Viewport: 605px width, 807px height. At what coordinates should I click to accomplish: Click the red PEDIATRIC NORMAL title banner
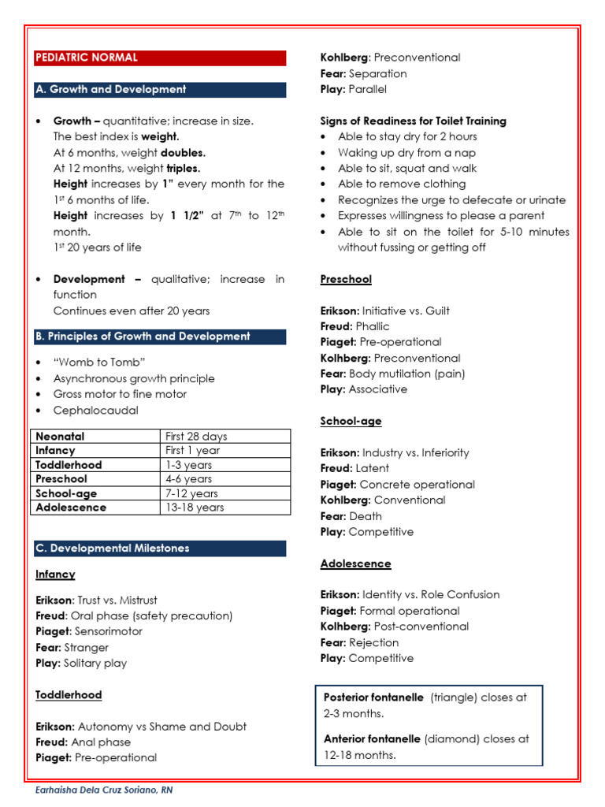(x=160, y=58)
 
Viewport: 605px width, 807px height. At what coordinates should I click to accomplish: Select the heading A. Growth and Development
(x=160, y=89)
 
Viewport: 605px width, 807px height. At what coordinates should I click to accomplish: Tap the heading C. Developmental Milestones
(x=160, y=548)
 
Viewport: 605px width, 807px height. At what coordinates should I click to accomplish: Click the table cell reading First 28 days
(x=196, y=436)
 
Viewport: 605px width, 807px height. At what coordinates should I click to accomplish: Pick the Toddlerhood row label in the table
(x=69, y=465)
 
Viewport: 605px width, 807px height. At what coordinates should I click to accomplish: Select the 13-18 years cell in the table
(x=195, y=508)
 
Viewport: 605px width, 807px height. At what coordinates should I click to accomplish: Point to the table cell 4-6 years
(x=188, y=478)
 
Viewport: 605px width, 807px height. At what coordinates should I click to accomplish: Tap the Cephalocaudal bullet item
(x=95, y=410)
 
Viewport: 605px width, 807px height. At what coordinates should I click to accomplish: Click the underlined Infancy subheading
(x=55, y=575)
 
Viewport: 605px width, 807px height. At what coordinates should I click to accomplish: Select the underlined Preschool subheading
(x=346, y=279)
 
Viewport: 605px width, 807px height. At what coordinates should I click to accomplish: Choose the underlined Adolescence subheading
(x=355, y=563)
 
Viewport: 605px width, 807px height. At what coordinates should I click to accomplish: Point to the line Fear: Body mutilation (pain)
(x=392, y=374)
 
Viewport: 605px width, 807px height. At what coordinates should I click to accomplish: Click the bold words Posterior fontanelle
(x=373, y=697)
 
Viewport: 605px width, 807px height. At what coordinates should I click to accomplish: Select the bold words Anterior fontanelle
(x=373, y=739)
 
